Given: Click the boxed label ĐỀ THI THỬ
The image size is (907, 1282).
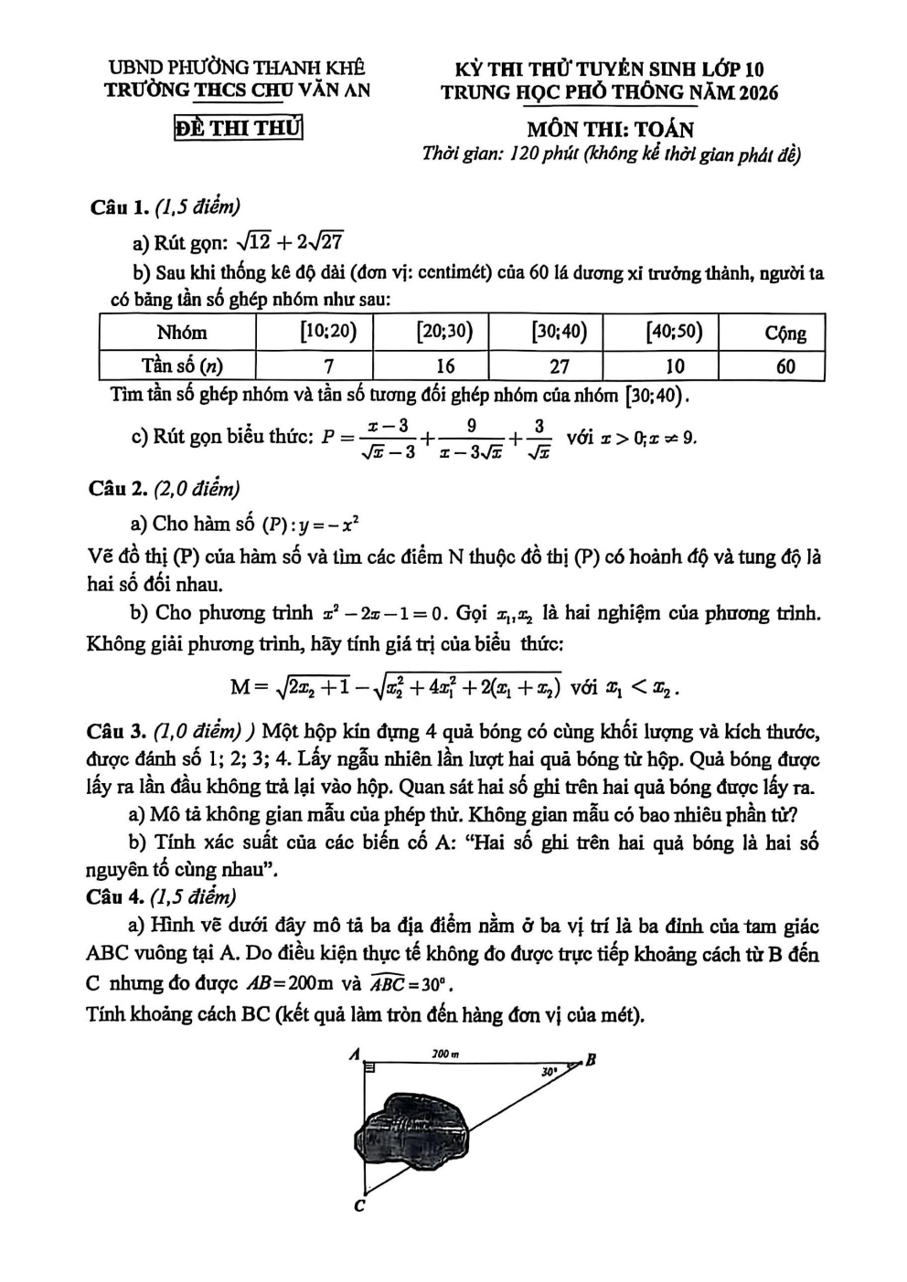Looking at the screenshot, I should coord(238,128).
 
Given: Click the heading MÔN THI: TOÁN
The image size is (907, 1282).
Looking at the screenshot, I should coord(610,130).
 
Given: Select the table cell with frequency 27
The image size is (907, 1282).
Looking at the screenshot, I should coord(559,366).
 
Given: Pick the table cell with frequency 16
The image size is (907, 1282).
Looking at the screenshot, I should coord(444,366).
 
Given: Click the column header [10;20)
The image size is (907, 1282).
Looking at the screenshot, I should coord(328,332).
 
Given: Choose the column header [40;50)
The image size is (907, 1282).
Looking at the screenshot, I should coord(674,332).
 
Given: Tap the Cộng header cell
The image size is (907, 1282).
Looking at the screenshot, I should coord(784,333).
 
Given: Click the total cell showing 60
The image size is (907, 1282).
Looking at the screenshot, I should coord(784,366).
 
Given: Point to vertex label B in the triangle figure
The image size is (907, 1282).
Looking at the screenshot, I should coord(591,1061).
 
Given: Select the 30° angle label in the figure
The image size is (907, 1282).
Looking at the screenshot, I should coord(550,1070).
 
